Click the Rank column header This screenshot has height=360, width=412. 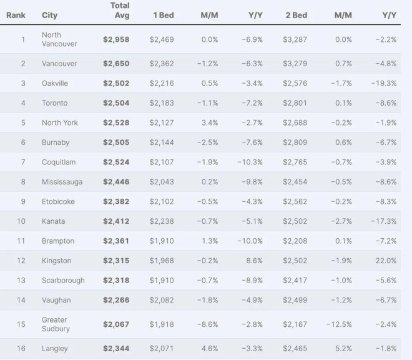coord(16,15)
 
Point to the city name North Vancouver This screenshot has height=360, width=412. coord(60,39)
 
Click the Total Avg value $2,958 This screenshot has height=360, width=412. coord(116,39)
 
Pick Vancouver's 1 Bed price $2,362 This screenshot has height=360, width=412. coord(162,63)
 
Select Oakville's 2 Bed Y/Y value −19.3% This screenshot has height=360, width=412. coord(383,83)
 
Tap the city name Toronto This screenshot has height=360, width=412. coord(54,103)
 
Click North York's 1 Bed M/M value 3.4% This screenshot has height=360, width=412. coord(209,122)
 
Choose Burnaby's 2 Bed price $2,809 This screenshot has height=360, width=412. coord(295,142)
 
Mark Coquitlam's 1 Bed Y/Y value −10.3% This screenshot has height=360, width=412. coord(250,162)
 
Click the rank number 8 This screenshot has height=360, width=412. coord(23,182)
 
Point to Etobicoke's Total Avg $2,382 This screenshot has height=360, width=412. coord(116,202)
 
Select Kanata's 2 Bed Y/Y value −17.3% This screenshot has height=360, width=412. coord(383,221)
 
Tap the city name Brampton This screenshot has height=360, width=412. coord(58,241)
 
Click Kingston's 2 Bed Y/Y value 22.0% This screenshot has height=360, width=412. coord(385,261)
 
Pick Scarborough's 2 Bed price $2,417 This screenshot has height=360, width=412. coord(295,281)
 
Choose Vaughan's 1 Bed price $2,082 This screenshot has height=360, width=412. coord(162,301)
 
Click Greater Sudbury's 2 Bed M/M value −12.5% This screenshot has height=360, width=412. coord(340,324)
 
